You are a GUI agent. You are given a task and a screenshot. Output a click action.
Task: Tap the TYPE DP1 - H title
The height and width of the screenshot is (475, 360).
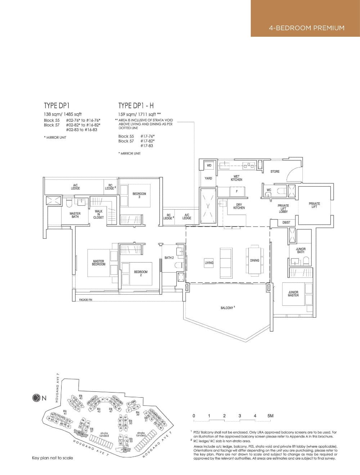pyautogui.click(x=136, y=106)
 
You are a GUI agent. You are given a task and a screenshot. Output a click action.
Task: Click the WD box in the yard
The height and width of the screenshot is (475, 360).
pyautogui.click(x=209, y=165)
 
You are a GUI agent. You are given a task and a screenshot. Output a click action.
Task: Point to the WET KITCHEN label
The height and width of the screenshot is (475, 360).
pyautogui.click(x=237, y=178)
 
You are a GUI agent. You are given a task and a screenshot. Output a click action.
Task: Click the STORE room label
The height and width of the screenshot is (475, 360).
pyautogui.click(x=275, y=171)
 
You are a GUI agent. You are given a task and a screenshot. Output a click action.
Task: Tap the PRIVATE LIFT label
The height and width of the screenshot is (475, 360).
pyautogui.click(x=314, y=205)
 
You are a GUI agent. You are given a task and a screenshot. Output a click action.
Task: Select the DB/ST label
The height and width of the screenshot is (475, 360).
pyautogui.click(x=286, y=223)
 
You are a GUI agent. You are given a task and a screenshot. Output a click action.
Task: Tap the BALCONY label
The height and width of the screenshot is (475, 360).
pyautogui.click(x=227, y=308)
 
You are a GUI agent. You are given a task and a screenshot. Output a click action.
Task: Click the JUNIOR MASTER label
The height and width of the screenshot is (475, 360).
pyautogui.click(x=293, y=294)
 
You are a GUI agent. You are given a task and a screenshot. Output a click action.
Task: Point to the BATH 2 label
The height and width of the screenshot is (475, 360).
pyautogui.click(x=169, y=257)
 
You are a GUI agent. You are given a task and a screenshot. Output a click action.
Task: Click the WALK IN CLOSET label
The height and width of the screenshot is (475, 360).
pyautogui.click(x=98, y=214)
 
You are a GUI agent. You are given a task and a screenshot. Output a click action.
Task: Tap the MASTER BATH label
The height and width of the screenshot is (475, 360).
pyautogui.click(x=75, y=215)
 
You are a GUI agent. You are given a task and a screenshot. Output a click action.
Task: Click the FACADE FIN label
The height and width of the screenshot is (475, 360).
pyautogui.click(x=86, y=300)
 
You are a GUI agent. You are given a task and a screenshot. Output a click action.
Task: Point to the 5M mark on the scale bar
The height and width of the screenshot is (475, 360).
pyautogui.click(x=270, y=416)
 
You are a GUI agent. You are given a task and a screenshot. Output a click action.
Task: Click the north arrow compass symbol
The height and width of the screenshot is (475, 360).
pyautogui.click(x=36, y=398)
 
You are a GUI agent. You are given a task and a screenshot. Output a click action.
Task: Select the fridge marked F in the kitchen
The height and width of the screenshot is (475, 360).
pyautogui.click(x=237, y=192)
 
